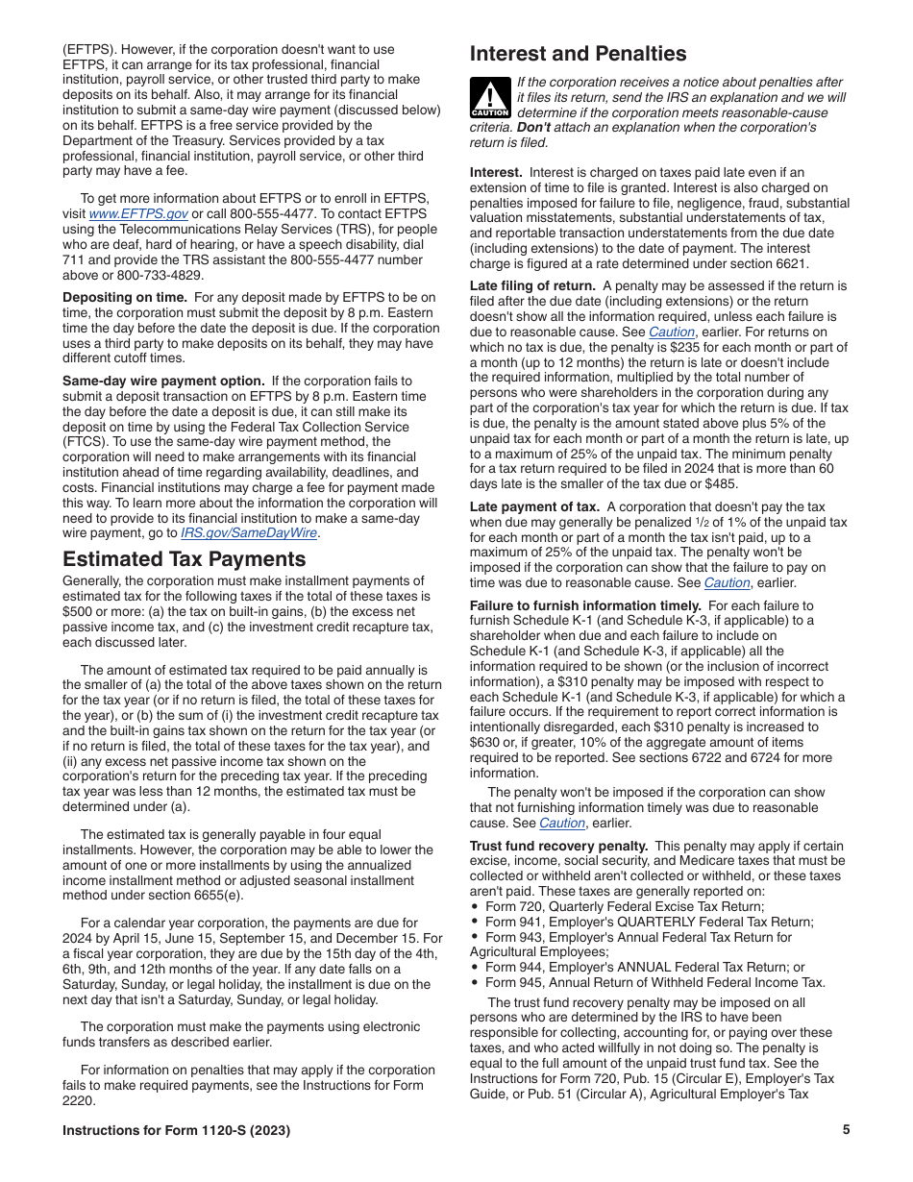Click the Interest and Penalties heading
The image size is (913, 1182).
coord(578,54)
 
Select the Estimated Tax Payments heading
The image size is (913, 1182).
coord(184,559)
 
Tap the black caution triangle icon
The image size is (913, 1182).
coord(490,98)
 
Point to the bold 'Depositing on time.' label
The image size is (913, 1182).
coord(125,298)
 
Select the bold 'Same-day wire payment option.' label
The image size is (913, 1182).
coord(163,382)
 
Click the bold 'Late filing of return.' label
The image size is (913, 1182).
coord(532,286)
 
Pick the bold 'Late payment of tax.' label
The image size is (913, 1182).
coord(534,507)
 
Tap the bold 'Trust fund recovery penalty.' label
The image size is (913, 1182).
coord(558,846)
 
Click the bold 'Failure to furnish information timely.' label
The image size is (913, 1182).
coord(585,605)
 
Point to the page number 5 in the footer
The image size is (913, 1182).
coord(846,1130)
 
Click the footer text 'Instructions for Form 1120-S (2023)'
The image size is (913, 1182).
coord(176,1130)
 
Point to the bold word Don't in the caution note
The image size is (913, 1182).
coord(534,127)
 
